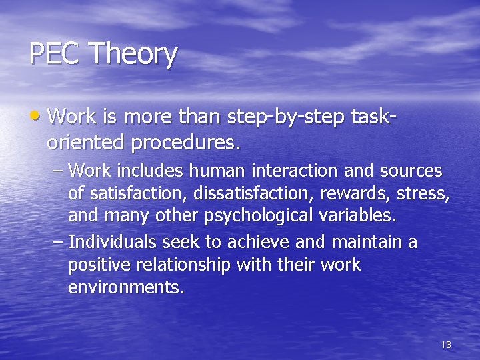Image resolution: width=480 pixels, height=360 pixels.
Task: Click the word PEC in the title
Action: pos(55,54)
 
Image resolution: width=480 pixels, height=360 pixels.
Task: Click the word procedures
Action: pos(185,142)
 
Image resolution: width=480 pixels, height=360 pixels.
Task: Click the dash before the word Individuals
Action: pos(57,242)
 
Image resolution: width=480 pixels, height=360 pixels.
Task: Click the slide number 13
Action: pos(446,345)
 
